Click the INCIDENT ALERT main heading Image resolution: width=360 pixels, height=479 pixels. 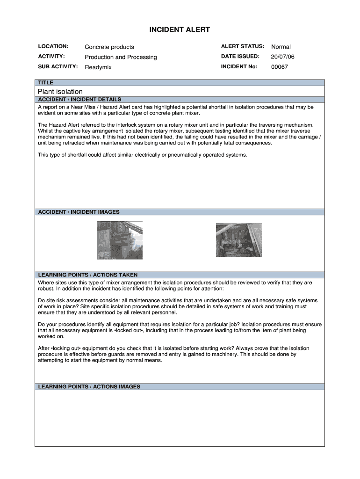coord(180,30)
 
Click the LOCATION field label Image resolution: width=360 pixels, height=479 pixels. coord(53,46)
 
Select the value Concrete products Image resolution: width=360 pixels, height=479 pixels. coord(109,47)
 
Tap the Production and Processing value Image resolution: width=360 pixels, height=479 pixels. coord(121,57)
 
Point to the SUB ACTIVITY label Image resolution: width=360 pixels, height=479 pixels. coord(58,66)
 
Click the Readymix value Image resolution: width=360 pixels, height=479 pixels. coord(98,67)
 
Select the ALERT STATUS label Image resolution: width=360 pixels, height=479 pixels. coord(242,46)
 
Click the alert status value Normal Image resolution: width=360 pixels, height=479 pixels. coord(281,47)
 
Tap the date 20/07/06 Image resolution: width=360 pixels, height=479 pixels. coord(282,57)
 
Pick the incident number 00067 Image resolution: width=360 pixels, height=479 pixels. coord(280,67)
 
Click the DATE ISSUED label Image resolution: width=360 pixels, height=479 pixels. coord(240,57)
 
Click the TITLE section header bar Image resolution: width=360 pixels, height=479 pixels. coord(180,82)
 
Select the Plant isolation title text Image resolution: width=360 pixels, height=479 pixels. coord(60,91)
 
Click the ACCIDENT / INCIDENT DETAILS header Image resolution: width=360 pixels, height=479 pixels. coord(79,99)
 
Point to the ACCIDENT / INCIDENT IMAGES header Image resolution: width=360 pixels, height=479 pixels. coord(79,212)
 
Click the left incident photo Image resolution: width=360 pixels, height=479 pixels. coord(119,240)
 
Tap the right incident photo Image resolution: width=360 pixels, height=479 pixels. coord(238,240)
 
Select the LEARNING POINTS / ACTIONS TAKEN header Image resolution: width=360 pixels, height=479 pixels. coord(87,275)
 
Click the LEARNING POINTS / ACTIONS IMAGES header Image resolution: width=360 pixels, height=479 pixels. coord(89,387)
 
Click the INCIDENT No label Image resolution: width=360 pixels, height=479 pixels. coord(239,66)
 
